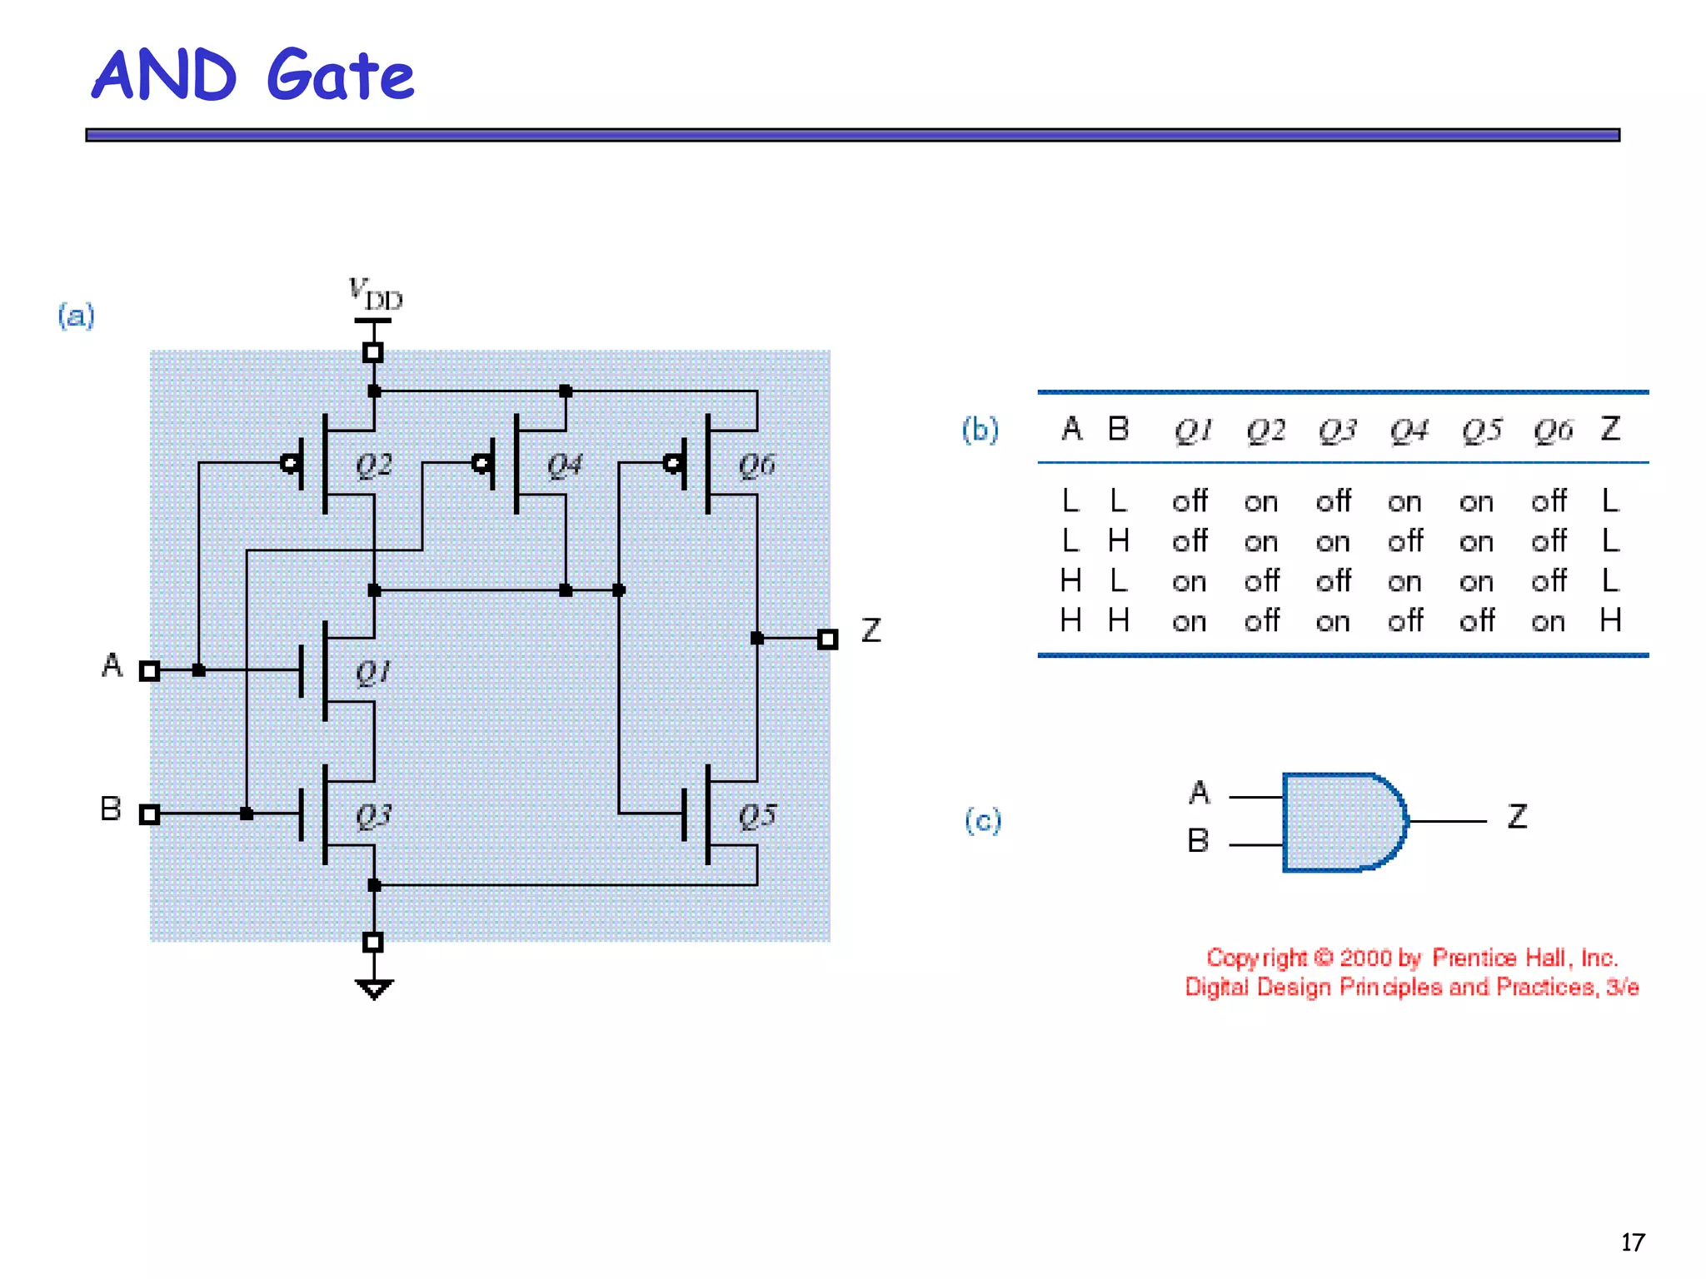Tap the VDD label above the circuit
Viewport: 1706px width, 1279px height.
coord(374,294)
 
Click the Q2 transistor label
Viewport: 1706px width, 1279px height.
coord(373,465)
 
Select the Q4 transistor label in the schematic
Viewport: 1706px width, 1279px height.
coord(564,465)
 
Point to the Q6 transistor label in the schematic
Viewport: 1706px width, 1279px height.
coord(756,465)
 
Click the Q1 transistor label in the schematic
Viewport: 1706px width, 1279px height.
coord(372,672)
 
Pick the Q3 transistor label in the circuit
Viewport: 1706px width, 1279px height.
coord(372,816)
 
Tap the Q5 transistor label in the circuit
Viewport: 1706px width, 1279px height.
coord(756,816)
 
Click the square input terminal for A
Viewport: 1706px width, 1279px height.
coord(149,671)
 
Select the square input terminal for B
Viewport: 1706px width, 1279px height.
coord(149,814)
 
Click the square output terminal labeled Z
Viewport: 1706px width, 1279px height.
coord(827,639)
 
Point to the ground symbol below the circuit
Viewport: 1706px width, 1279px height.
coord(373,989)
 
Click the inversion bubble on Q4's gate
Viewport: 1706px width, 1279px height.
coord(481,464)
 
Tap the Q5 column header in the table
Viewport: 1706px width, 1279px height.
coord(1481,430)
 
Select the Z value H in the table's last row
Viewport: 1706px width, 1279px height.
coord(1609,620)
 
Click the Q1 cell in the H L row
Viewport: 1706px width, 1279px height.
coord(1189,581)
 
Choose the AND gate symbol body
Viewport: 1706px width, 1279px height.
coord(1341,822)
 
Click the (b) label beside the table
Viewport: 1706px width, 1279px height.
coord(980,430)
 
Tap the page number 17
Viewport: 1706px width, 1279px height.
coord(1632,1242)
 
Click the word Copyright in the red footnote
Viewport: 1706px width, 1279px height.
coord(1256,958)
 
